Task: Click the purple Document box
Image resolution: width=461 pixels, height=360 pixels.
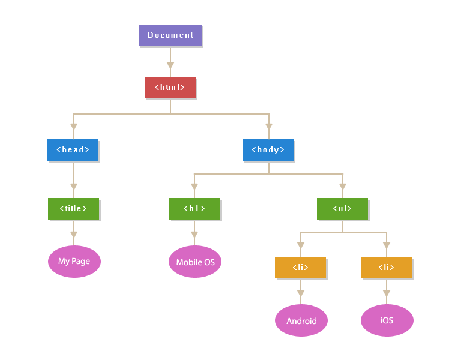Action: (170, 35)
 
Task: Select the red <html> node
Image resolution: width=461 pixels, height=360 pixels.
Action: (170, 87)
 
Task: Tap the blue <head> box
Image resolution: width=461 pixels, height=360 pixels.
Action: (73, 149)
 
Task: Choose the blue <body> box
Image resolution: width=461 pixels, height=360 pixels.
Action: (268, 149)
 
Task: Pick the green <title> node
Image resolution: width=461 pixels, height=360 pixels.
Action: (73, 208)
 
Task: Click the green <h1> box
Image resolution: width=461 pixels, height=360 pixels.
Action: (194, 208)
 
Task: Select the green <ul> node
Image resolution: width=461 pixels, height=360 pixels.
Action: (342, 208)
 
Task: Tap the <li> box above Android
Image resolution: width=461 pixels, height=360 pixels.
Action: (300, 267)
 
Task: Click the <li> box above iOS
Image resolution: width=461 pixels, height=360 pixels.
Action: (386, 267)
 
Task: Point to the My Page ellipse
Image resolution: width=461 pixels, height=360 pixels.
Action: (74, 262)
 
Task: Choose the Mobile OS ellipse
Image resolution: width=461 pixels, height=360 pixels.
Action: (195, 262)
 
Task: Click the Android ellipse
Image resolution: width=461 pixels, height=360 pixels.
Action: (301, 320)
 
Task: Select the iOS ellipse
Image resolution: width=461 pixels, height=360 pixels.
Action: (387, 320)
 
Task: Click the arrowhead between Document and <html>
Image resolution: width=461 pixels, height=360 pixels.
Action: (170, 65)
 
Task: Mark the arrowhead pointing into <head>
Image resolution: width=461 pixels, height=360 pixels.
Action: (74, 127)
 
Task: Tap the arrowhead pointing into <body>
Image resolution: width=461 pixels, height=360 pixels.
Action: (269, 127)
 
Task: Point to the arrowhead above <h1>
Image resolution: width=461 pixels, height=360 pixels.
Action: (194, 185)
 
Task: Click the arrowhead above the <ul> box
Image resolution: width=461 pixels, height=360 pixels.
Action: (343, 185)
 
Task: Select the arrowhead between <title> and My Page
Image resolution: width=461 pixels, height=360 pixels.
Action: (74, 234)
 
